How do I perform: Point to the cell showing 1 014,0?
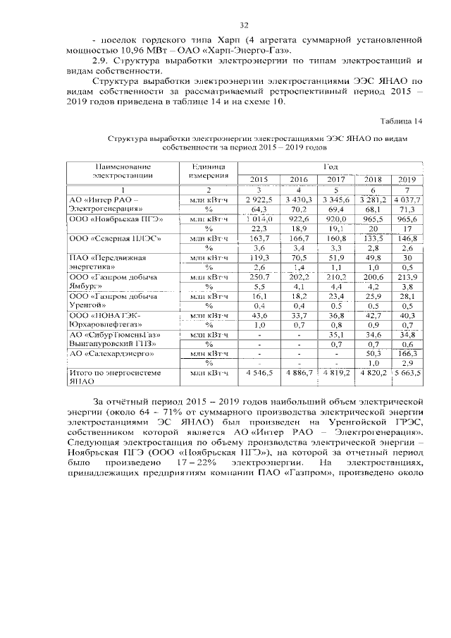click(x=259, y=219)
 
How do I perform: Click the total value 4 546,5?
click(x=259, y=372)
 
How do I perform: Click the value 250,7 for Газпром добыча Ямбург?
click(x=259, y=278)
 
